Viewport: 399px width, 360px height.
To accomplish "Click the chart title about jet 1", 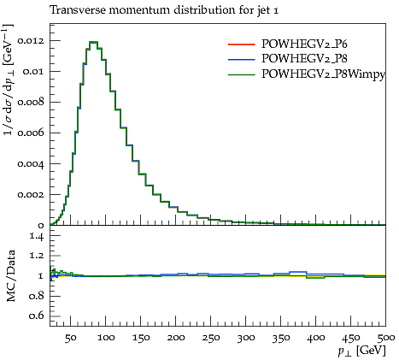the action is tap(164, 10).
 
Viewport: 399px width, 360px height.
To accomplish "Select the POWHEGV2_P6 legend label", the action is tap(304, 44).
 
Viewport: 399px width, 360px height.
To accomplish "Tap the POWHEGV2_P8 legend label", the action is tap(304, 58).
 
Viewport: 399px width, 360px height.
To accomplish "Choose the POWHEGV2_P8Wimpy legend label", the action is tap(323, 74).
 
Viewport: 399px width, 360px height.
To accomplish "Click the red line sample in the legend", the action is tap(241, 44).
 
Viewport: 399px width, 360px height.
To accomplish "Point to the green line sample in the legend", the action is tap(241, 75).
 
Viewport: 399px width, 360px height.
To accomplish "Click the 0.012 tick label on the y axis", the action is tap(31, 41).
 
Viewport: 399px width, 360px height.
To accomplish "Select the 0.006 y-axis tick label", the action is tap(31, 133).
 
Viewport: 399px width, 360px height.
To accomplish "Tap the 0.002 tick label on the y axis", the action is tap(31, 195).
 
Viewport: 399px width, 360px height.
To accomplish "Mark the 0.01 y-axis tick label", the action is tap(33, 72).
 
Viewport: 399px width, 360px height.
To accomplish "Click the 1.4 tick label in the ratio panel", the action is tap(37, 236).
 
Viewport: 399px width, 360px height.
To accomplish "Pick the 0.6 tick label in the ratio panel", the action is tap(37, 316).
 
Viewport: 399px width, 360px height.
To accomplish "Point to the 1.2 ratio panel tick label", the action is tap(37, 256).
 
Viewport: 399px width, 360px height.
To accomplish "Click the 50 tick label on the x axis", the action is tap(70, 338).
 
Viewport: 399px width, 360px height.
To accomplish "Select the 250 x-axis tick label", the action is tap(211, 338).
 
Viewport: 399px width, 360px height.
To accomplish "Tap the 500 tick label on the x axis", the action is tap(385, 338).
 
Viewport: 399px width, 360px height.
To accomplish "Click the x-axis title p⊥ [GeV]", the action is tap(362, 351).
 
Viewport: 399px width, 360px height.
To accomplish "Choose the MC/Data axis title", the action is tap(10, 275).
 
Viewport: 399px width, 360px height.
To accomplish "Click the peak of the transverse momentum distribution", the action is tap(93, 42).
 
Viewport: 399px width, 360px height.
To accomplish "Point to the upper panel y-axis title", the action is tap(9, 80).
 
